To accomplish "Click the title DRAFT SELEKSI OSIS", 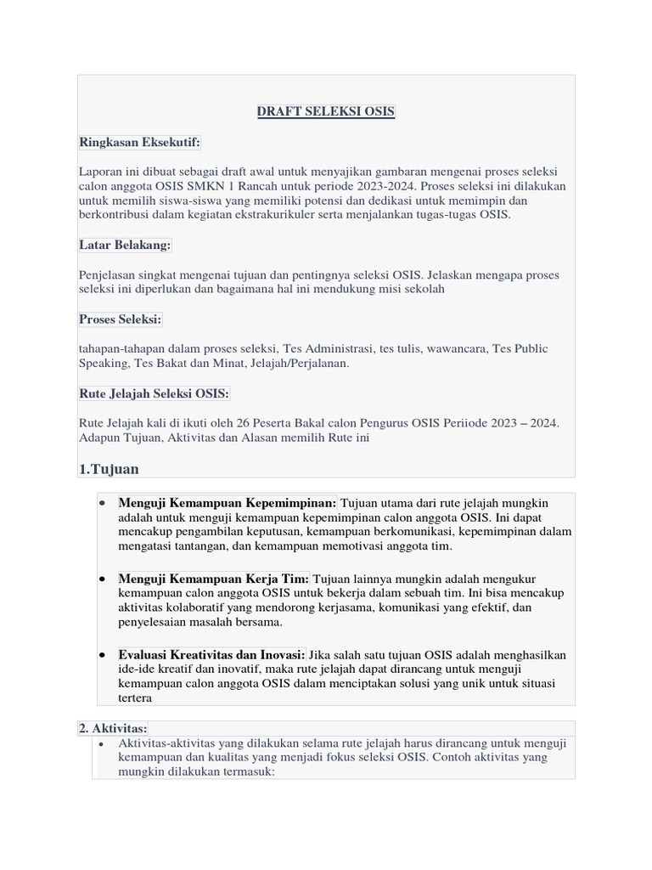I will click(x=326, y=112).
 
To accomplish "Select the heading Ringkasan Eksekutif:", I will click(x=140, y=142).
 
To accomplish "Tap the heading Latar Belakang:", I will click(x=125, y=245).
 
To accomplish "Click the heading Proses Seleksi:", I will click(x=121, y=319).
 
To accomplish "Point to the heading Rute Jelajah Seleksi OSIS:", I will click(x=154, y=393).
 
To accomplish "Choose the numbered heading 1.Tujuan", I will click(x=109, y=469).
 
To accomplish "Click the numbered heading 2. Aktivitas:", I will click(x=113, y=728).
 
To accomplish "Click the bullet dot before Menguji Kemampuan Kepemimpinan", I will click(x=102, y=503).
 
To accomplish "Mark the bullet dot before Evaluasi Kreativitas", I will click(x=102, y=656).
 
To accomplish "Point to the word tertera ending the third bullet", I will click(x=135, y=698).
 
